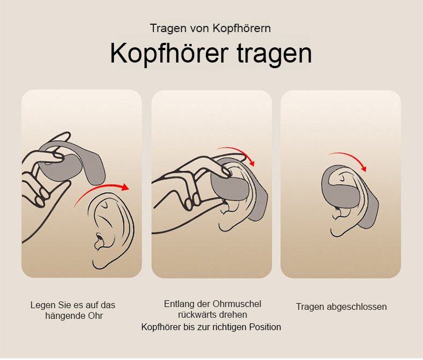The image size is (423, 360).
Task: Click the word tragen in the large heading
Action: [x=274, y=54]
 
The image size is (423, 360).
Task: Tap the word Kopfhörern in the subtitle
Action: [x=241, y=28]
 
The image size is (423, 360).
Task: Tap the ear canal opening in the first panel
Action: [x=99, y=238]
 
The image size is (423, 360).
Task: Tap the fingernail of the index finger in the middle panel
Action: [x=224, y=171]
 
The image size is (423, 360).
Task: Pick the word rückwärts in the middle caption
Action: [x=195, y=315]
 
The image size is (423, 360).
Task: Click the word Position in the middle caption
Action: [x=265, y=327]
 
